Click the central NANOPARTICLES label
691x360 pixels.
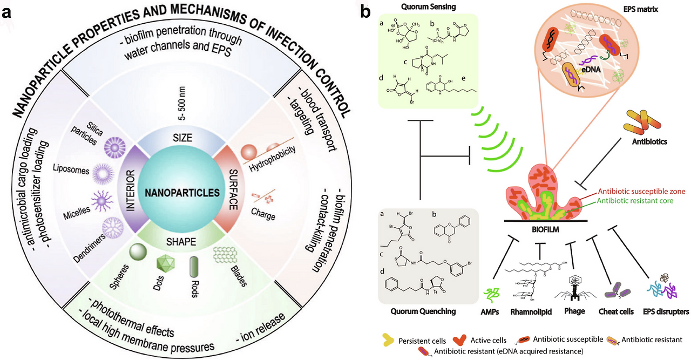tap(178, 192)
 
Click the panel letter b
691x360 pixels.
tap(366, 10)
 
